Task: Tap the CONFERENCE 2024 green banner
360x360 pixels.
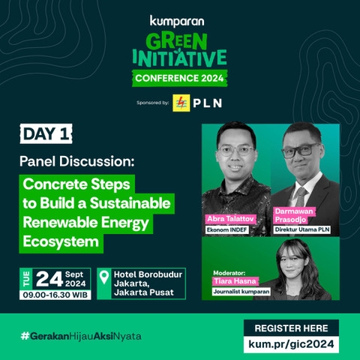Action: [179, 78]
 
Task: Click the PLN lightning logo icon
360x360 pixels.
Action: [181, 103]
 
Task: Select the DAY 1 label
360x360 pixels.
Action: [46, 134]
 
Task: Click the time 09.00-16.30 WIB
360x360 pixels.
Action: [56, 295]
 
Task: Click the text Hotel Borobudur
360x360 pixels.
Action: [147, 274]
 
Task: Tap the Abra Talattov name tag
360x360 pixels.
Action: [230, 218]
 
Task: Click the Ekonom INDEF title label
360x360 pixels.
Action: [229, 229]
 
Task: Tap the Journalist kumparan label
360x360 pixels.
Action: [241, 292]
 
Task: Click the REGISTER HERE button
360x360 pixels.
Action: [291, 328]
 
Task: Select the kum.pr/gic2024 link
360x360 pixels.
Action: [291, 344]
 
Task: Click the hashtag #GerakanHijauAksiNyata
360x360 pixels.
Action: [80, 335]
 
